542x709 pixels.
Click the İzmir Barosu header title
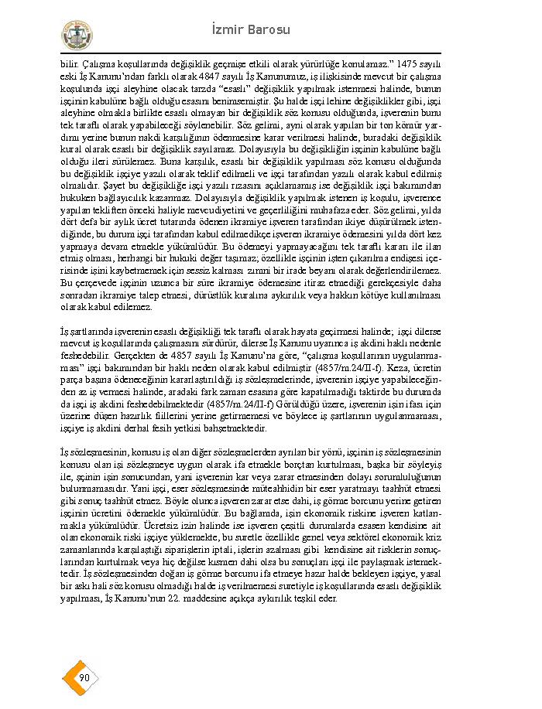250,30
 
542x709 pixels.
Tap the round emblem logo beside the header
77,36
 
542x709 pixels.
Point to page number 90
84,678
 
